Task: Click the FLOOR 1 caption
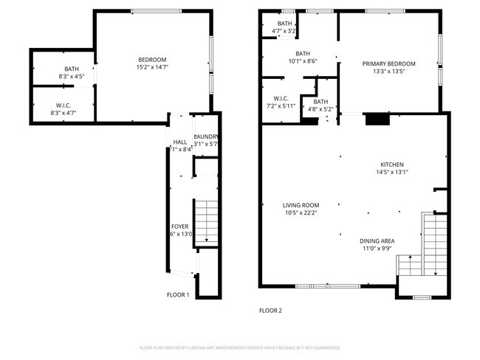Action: coord(178,295)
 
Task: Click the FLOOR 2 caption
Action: coord(270,311)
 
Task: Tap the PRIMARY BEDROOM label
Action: coord(388,64)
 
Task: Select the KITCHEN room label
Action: coord(392,165)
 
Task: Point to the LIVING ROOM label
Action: coord(301,205)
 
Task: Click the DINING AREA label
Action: coord(377,240)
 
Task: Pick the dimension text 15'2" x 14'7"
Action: coord(152,67)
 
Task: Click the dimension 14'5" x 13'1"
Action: coord(392,173)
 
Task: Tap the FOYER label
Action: coord(180,226)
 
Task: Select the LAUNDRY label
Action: coord(205,136)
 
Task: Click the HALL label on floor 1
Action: coord(180,142)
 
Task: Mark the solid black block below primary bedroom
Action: coord(377,119)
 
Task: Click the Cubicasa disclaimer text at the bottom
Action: coord(240,347)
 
